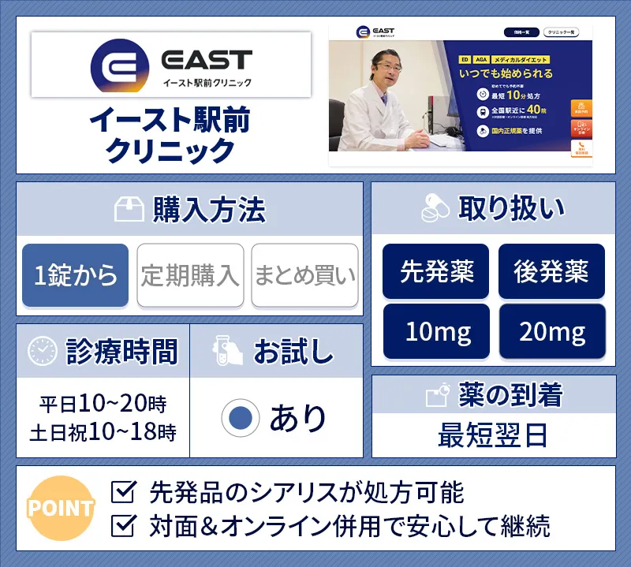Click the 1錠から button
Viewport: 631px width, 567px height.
(x=75, y=275)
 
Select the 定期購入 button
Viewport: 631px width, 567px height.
(x=189, y=275)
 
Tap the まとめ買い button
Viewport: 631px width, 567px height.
(x=304, y=275)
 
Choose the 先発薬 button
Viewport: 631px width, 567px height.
(x=435, y=271)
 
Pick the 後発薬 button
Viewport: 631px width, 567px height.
(x=551, y=271)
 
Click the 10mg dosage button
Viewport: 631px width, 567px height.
(x=435, y=331)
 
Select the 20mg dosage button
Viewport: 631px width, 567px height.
(x=551, y=331)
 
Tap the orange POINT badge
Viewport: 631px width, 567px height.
(x=60, y=508)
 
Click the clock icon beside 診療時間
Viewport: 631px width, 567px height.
(x=42, y=351)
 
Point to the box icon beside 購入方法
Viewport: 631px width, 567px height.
(x=129, y=210)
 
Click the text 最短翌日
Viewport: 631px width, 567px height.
(x=493, y=435)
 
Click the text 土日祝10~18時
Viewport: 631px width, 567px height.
(x=103, y=432)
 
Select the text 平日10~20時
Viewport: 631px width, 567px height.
(x=103, y=405)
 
